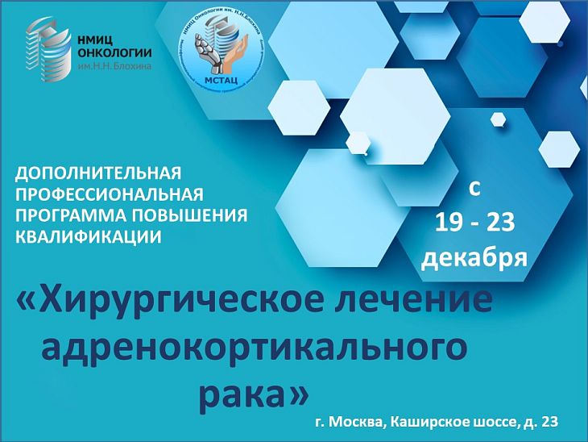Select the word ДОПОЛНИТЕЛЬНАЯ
(x=99, y=173)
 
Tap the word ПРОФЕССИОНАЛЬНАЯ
(x=110, y=194)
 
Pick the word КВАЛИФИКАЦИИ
(x=89, y=236)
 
